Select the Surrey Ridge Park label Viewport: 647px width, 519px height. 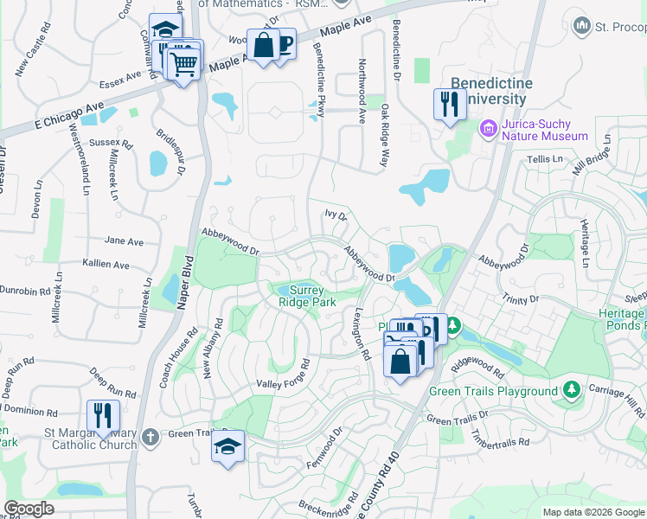click(x=306, y=296)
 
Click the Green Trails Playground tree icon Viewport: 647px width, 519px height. click(x=570, y=390)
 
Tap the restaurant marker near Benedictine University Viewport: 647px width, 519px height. click(x=449, y=105)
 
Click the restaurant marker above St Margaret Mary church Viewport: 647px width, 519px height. click(x=103, y=415)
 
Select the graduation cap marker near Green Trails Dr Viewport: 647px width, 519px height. click(x=228, y=446)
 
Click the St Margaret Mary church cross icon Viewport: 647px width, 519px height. click(x=150, y=435)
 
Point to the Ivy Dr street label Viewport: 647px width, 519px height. click(x=335, y=215)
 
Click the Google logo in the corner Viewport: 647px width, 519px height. click(x=29, y=509)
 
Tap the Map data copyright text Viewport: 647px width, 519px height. click(x=593, y=513)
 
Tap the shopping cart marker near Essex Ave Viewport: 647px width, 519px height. click(x=183, y=63)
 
